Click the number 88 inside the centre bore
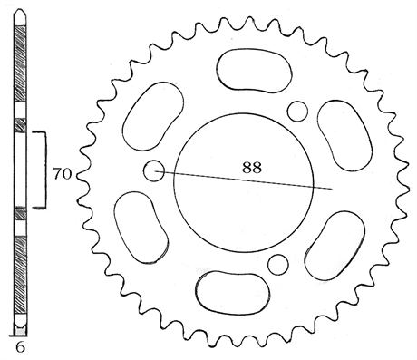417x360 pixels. (253, 167)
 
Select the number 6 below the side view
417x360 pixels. (19, 347)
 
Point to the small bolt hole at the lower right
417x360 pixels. (279, 264)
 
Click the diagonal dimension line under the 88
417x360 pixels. (245, 179)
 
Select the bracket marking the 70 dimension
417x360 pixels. (44, 170)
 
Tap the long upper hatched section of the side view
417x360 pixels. (20, 73)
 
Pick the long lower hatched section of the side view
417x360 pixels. (20, 277)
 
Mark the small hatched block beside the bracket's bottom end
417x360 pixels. (20, 214)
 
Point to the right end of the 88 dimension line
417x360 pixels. (332, 190)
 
